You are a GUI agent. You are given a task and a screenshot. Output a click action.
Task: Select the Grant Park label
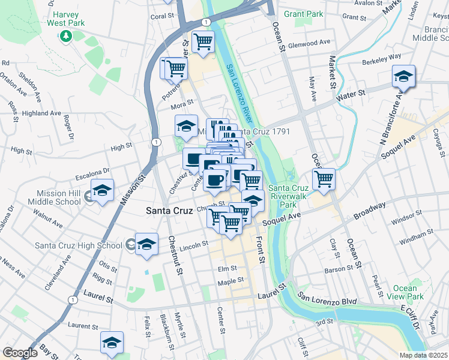[x=303, y=14]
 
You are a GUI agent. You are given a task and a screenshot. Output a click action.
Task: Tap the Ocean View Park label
[x=405, y=293]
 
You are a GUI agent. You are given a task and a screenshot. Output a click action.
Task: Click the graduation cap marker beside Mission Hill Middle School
[x=103, y=191]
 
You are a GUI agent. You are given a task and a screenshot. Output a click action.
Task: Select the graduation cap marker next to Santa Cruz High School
[x=146, y=244]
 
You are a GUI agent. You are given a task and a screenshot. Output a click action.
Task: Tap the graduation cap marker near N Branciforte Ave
[x=403, y=76]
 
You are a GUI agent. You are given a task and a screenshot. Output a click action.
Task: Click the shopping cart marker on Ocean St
[x=324, y=178]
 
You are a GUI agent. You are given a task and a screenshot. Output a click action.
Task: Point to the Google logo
[x=20, y=353]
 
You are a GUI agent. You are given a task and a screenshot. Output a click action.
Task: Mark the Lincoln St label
[x=193, y=245]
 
